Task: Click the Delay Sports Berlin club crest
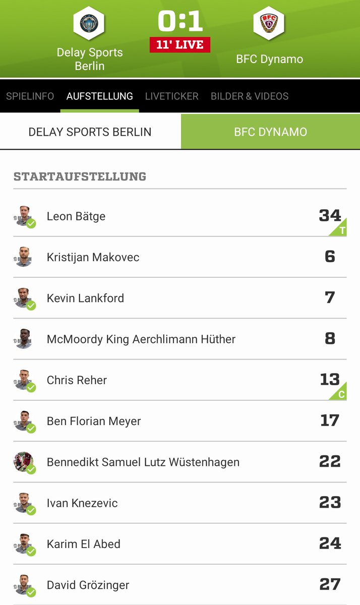point(89,23)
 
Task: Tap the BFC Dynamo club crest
point(269,23)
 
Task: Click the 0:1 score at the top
point(180,21)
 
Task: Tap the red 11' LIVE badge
point(180,44)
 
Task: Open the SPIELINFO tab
point(30,96)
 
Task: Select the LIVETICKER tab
point(171,96)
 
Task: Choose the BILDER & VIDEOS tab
point(250,96)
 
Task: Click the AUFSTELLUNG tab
point(100,96)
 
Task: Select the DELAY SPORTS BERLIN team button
point(90,132)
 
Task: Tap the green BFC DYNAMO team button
point(270,132)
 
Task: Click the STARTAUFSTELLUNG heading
point(80,176)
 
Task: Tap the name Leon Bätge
point(76,216)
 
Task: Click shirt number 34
point(330,215)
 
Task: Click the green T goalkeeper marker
point(342,230)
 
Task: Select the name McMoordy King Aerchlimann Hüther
point(141,339)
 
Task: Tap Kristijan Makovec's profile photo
point(23,257)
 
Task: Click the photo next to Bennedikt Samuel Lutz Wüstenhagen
point(23,462)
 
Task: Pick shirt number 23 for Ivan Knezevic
point(330,502)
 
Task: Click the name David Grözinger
point(88,585)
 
